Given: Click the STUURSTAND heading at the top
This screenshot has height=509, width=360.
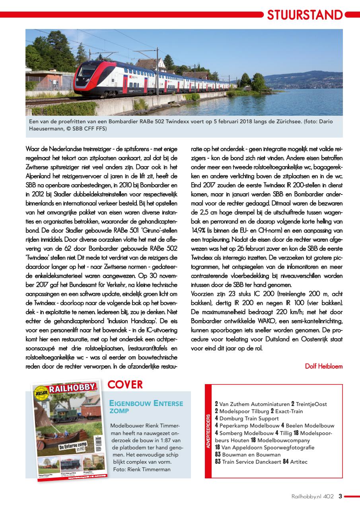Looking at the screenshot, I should tap(305, 15).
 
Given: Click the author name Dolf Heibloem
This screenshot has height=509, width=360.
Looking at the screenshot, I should tap(323, 366).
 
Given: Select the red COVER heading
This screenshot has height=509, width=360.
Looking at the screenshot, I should tap(125, 385).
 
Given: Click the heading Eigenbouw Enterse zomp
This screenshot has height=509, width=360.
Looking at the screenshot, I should tap(146, 407).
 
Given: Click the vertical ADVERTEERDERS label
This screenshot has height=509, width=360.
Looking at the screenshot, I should tap(208, 431).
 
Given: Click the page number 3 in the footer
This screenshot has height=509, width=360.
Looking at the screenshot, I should tap(340, 496).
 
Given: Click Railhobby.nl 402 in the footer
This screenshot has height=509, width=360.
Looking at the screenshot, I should tap(312, 496).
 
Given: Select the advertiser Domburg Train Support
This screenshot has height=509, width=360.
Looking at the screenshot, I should tap(249, 418).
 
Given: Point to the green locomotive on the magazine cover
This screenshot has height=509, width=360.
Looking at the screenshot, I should tap(62, 416).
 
